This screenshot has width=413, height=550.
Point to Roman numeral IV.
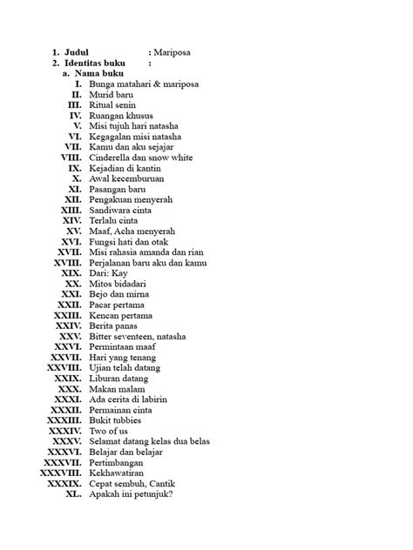tap(75, 115)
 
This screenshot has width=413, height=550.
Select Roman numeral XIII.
tap(71, 210)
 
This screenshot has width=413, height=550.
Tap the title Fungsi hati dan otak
tap(130, 242)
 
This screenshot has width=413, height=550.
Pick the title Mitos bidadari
tap(121, 284)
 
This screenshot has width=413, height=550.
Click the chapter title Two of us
tap(110, 431)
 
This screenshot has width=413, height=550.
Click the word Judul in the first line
tap(77, 53)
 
